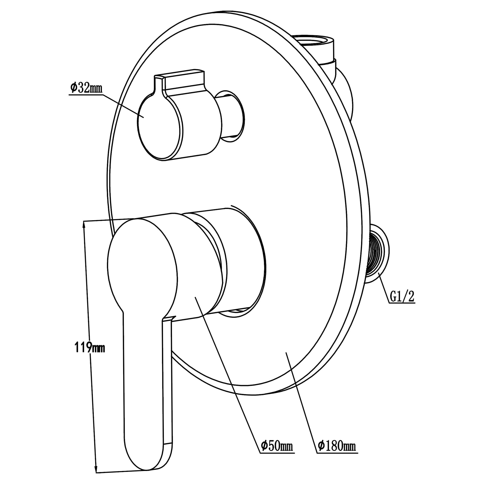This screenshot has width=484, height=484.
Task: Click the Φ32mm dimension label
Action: [86, 88]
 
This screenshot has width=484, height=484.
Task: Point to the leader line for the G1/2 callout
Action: [384, 288]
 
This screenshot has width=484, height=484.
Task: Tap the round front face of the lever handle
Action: [142, 266]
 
